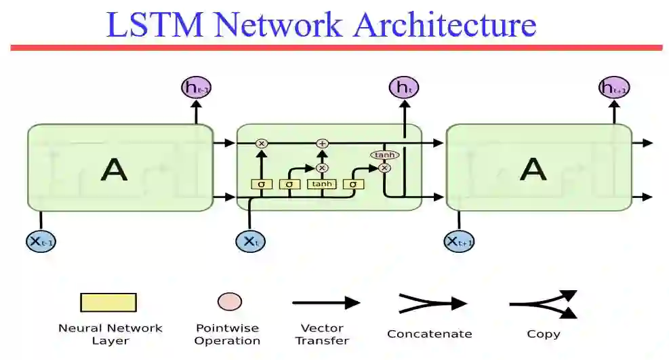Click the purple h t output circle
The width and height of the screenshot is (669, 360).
(x=404, y=87)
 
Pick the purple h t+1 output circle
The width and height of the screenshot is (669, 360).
(x=614, y=88)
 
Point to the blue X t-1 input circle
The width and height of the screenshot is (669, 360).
(x=40, y=241)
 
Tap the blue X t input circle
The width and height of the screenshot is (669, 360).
(x=250, y=241)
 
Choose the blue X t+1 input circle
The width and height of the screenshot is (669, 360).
(x=459, y=241)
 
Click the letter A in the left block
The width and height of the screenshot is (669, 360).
(x=114, y=169)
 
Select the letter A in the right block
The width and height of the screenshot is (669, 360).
(x=533, y=169)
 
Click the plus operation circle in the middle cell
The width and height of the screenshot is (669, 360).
(x=322, y=143)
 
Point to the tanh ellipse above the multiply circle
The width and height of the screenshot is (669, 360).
(x=384, y=155)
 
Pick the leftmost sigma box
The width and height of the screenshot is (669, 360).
(x=261, y=184)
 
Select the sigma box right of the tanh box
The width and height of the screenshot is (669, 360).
(x=353, y=184)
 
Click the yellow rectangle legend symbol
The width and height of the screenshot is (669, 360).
(x=108, y=302)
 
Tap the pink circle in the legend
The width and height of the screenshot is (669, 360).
(x=230, y=302)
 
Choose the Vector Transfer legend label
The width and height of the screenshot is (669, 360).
(x=323, y=334)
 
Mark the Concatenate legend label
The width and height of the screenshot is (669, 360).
(x=430, y=334)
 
